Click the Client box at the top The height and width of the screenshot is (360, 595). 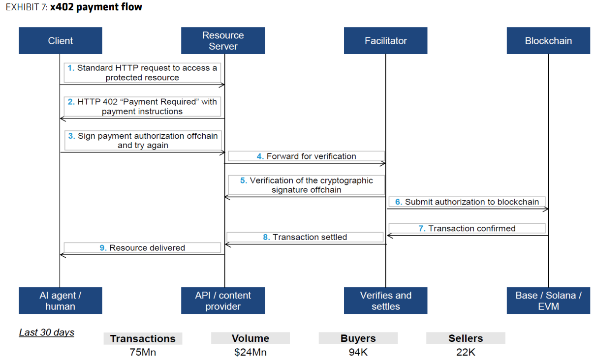pyautogui.click(x=61, y=41)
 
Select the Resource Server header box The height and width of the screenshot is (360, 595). pyautogui.click(x=223, y=41)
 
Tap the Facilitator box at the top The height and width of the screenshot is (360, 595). pyautogui.click(x=385, y=41)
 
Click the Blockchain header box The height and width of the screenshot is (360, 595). pyautogui.click(x=548, y=41)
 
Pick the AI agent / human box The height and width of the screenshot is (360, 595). pyautogui.click(x=61, y=300)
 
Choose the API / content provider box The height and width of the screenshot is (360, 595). pyautogui.click(x=223, y=300)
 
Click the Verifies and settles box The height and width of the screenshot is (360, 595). pyautogui.click(x=385, y=300)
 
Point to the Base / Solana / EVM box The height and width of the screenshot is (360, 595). pyautogui.click(x=548, y=300)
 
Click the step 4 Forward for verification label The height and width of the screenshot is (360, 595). pyautogui.click(x=306, y=156)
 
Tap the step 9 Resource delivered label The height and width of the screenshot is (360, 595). pyautogui.click(x=142, y=248)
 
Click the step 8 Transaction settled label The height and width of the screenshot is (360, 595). pyautogui.click(x=305, y=237)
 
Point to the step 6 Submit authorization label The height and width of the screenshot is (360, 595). pyautogui.click(x=467, y=202)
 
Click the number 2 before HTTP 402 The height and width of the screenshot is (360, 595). pyautogui.click(x=71, y=102)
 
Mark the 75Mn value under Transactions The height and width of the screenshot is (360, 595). pyautogui.click(x=143, y=352)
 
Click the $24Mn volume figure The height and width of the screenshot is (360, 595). pyautogui.click(x=251, y=352)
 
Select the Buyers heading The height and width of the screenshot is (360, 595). pyautogui.click(x=358, y=338)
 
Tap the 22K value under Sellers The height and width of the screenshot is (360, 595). pyautogui.click(x=466, y=352)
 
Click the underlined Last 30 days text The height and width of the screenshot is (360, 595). pyautogui.click(x=47, y=332)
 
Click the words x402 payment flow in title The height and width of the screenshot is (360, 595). pyautogui.click(x=96, y=7)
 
